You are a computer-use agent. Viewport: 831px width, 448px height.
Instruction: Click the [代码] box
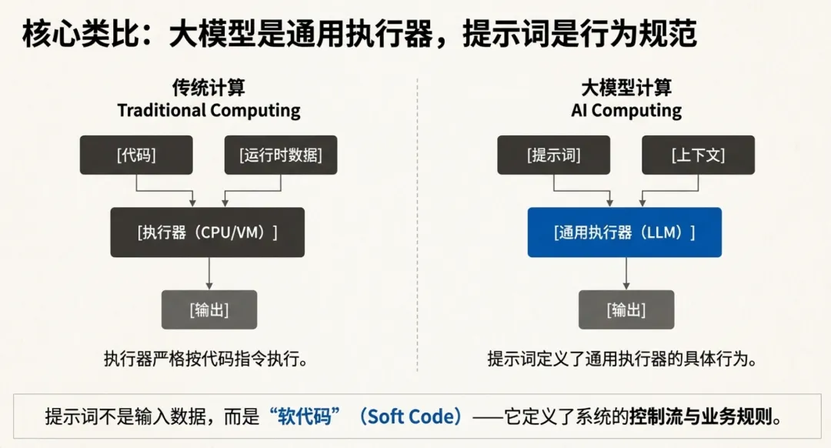click(x=136, y=155)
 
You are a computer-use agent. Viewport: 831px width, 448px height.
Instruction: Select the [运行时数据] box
click(x=281, y=155)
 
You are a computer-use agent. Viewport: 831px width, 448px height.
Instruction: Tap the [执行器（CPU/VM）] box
click(x=208, y=232)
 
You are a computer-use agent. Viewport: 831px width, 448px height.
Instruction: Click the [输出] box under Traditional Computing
click(x=209, y=310)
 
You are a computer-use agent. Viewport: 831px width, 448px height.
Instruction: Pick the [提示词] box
click(x=554, y=155)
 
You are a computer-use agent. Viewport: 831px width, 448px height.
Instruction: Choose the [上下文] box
click(x=699, y=155)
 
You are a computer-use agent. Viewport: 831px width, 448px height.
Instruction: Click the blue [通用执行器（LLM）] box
click(x=624, y=232)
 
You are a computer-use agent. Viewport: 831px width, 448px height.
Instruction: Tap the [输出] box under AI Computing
click(x=626, y=310)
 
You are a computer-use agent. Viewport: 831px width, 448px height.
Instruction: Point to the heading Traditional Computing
click(x=209, y=110)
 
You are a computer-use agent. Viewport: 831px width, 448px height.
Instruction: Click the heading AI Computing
click(x=626, y=110)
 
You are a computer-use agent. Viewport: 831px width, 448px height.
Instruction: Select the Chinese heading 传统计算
click(x=209, y=87)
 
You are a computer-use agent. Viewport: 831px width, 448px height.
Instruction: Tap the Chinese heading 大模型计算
click(x=626, y=87)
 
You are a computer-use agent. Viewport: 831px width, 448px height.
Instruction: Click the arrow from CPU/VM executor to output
click(x=209, y=273)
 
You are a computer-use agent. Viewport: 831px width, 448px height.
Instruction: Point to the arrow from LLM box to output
click(x=626, y=273)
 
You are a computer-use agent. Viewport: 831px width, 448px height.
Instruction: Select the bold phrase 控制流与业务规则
click(x=700, y=416)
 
